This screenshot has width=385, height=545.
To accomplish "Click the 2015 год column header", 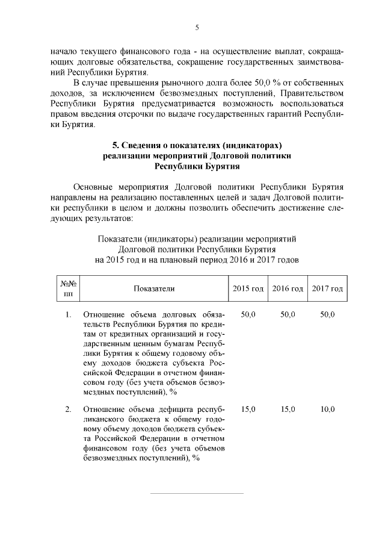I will pos(248,289).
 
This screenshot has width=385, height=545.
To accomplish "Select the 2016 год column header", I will pos(288,289).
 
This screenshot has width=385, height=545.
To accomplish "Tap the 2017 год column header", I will pos(327,289).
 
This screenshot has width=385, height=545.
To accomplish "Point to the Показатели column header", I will pos(155,289).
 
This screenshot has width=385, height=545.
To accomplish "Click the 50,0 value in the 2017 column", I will pos(327,314).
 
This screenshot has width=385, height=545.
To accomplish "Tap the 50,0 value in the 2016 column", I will pos(288,314).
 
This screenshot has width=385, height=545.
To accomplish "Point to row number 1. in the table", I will pos(68,314).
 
